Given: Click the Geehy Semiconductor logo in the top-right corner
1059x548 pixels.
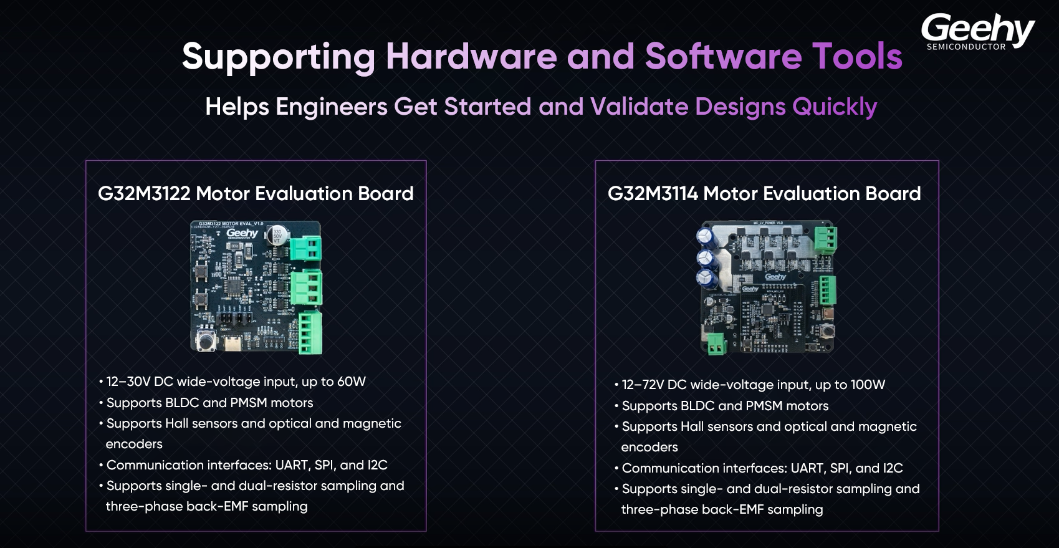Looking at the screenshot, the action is pyautogui.click(x=978, y=32).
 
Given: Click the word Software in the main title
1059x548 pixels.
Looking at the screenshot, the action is pyautogui.click(x=723, y=56).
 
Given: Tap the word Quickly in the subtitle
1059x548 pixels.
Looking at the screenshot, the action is pyautogui.click(x=835, y=107).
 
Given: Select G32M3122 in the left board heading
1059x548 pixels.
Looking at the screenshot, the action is pyautogui.click(x=144, y=193).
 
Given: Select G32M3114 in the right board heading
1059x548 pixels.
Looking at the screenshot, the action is pyautogui.click(x=653, y=193).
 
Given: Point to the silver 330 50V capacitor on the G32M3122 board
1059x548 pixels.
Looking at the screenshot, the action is pyautogui.click(x=277, y=235).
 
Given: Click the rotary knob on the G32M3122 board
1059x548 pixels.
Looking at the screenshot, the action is pyautogui.click(x=206, y=341).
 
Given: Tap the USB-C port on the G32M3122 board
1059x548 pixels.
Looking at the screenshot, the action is pyautogui.click(x=232, y=343).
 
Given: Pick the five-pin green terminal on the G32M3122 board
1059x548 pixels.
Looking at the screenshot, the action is pyautogui.click(x=310, y=333).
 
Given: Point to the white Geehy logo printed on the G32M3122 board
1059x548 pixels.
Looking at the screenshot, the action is pyautogui.click(x=242, y=233).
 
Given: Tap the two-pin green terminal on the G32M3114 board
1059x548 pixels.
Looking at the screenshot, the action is pyautogui.click(x=717, y=344).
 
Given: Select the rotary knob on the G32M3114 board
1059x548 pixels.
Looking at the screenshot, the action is pyautogui.click(x=827, y=330).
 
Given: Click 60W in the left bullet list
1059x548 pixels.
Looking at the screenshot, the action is pyautogui.click(x=352, y=382).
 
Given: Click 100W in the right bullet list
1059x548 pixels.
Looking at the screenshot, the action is pyautogui.click(x=868, y=385).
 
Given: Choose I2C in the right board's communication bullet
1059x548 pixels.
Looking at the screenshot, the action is pyautogui.click(x=893, y=468).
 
